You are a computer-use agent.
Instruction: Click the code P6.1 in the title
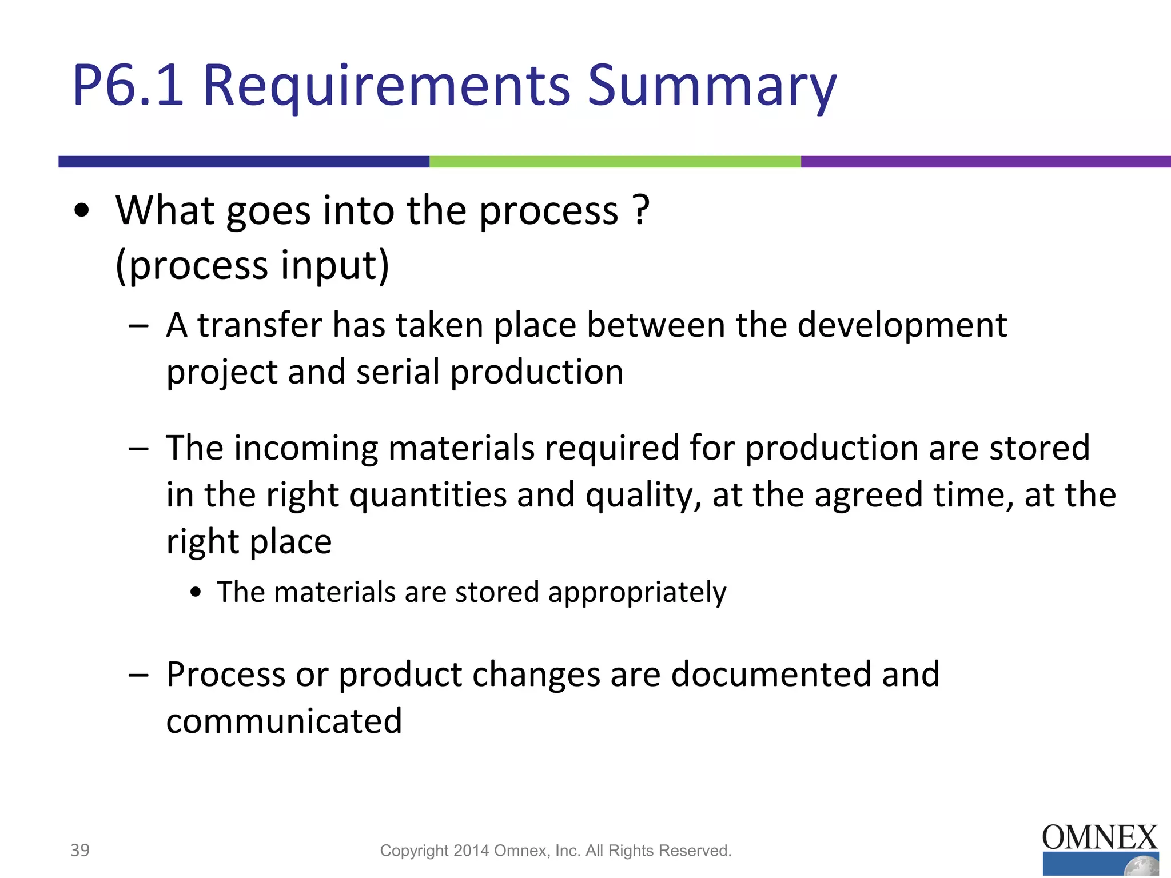128,86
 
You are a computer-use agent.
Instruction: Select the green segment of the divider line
615,162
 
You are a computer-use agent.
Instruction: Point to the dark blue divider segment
244,162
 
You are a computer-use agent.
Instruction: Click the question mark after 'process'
642,210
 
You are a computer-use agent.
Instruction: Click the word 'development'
902,326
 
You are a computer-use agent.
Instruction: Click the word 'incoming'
306,449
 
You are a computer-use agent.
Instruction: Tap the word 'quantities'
428,495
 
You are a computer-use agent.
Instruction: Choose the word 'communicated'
284,721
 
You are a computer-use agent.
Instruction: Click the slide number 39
80,850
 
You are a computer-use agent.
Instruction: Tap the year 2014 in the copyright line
471,851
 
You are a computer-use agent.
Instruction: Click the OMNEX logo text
1100,838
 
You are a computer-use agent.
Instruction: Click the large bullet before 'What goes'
82,210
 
